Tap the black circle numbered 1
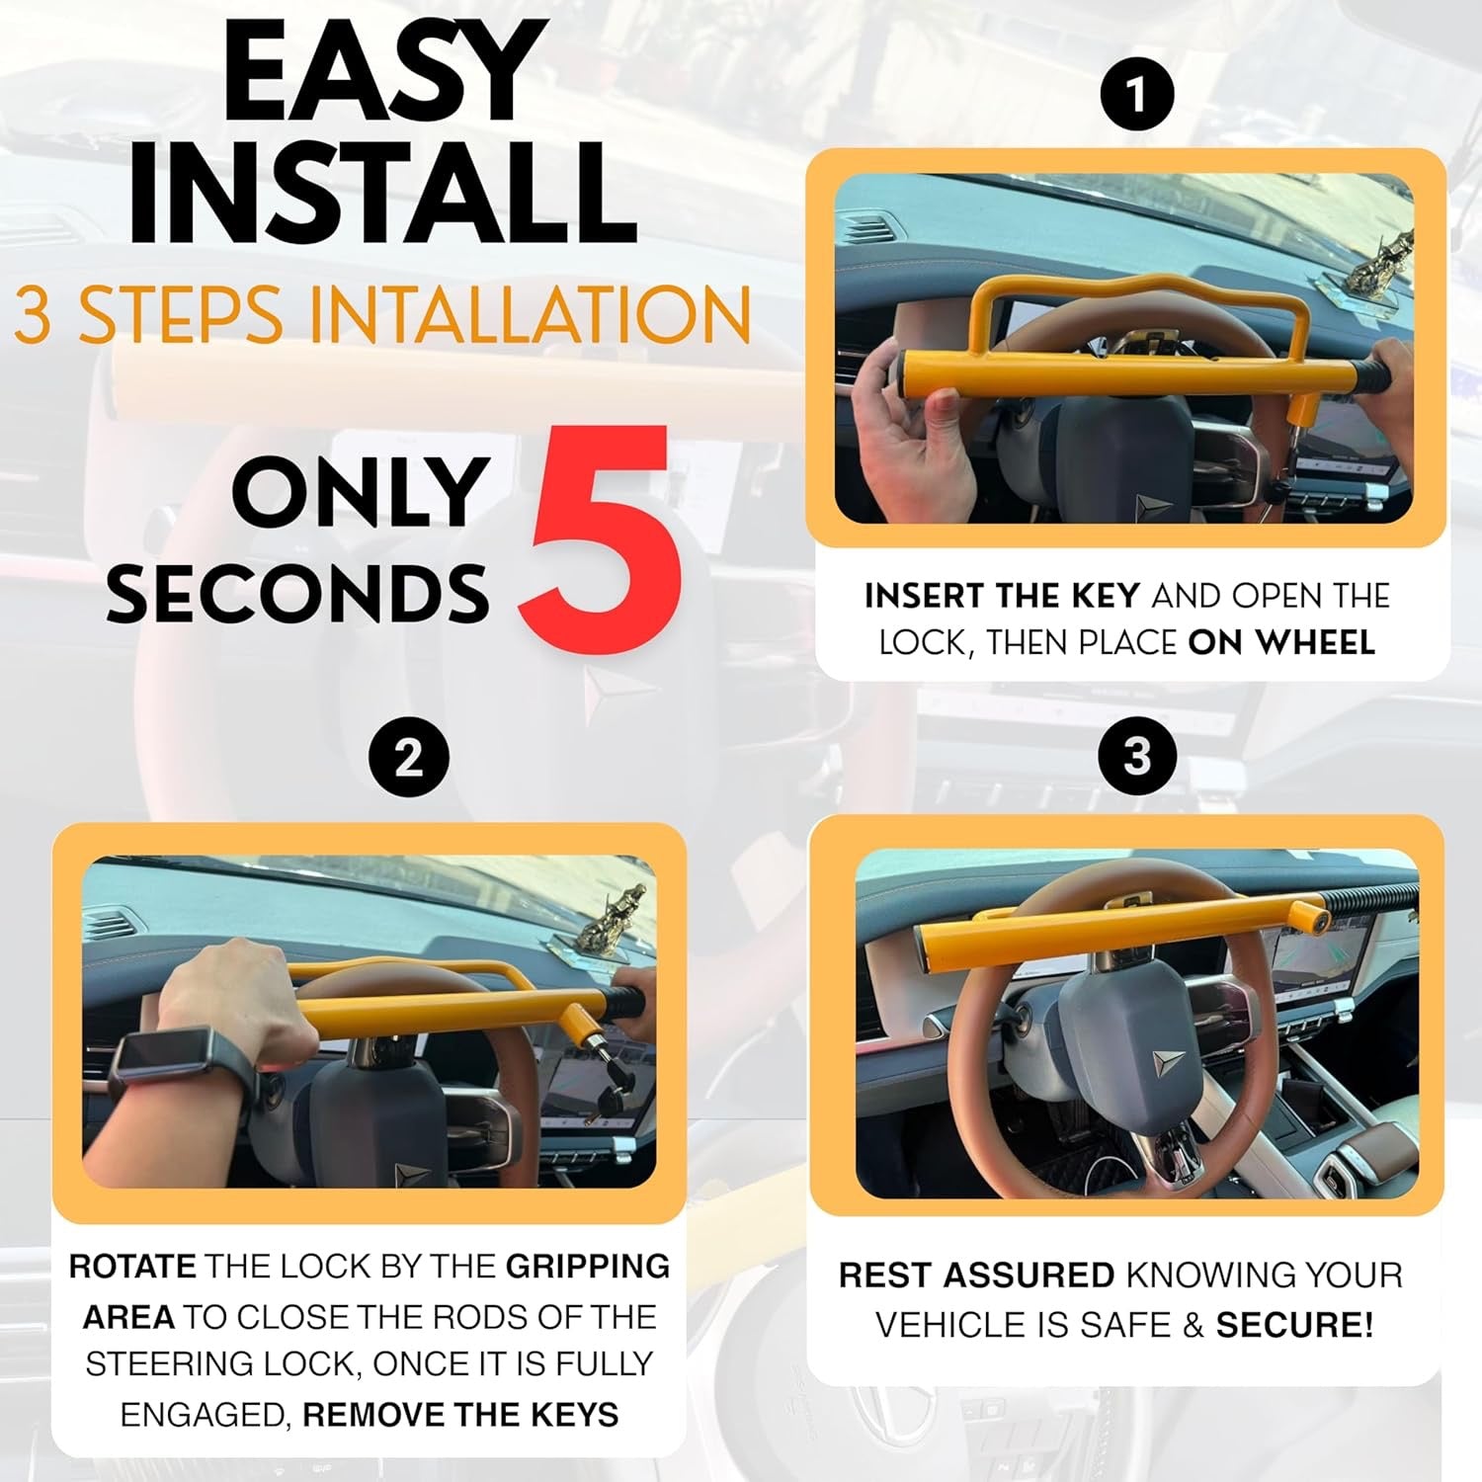tap(1136, 96)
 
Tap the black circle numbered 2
tap(408, 760)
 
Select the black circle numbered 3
tap(1136, 757)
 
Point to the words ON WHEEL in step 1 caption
tap(1280, 642)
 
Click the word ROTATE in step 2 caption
tap(133, 1267)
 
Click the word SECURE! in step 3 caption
tap(1294, 1326)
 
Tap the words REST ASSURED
tap(976, 1276)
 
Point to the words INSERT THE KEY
tap(1002, 596)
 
